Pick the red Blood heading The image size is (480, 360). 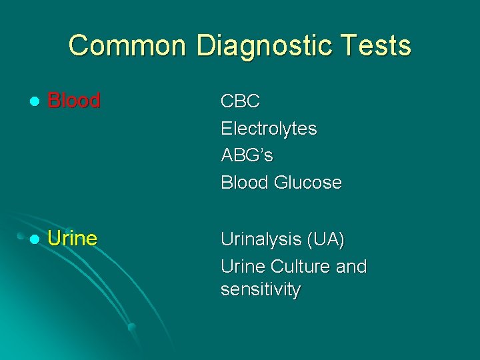point(74,101)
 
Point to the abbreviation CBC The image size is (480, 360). point(240,101)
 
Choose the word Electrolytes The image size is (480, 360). point(269,129)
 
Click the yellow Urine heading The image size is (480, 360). point(73,239)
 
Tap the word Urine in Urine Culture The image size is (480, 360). point(243,267)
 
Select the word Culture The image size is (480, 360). point(299,267)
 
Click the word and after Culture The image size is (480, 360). point(351,267)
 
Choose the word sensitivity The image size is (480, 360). point(261,290)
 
